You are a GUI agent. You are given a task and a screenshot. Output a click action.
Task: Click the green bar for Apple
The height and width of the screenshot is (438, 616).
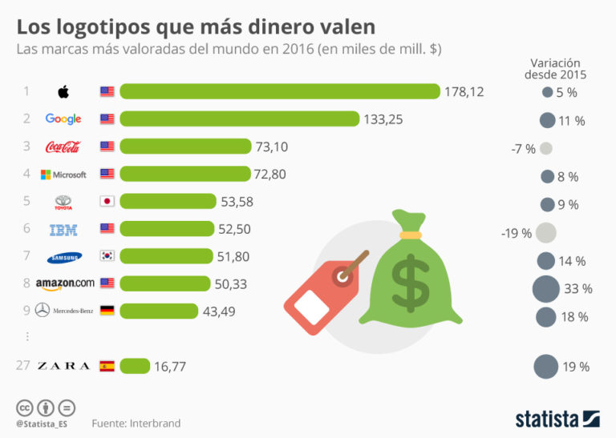(280, 91)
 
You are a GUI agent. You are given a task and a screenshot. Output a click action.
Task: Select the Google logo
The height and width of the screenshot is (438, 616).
(63, 119)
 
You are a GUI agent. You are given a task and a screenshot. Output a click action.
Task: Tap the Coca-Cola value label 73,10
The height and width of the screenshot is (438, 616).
(272, 147)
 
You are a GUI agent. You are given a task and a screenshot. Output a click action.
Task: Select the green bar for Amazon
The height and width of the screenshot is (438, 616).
(165, 283)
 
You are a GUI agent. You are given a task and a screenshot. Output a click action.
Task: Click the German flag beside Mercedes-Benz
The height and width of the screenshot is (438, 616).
(107, 311)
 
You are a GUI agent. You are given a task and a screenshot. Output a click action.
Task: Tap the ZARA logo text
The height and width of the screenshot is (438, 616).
(63, 366)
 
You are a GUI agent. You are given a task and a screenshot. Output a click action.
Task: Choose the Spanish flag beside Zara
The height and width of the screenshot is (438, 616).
(107, 366)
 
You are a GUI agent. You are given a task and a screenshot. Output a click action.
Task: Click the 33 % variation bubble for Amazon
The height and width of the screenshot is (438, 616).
(546, 288)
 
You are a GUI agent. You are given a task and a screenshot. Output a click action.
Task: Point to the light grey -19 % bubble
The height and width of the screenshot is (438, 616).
(545, 233)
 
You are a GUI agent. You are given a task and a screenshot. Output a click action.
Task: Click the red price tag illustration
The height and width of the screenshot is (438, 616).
(321, 292)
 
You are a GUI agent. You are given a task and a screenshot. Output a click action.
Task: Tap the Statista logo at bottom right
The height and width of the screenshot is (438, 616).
(557, 418)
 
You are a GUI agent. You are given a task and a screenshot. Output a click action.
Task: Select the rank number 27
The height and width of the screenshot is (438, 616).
(23, 366)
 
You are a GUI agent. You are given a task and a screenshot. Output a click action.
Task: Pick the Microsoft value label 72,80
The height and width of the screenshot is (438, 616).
(269, 175)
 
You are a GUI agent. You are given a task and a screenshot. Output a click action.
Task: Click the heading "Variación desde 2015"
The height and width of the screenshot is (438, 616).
(556, 68)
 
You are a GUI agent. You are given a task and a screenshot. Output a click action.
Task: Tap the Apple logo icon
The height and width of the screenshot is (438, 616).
(63, 91)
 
